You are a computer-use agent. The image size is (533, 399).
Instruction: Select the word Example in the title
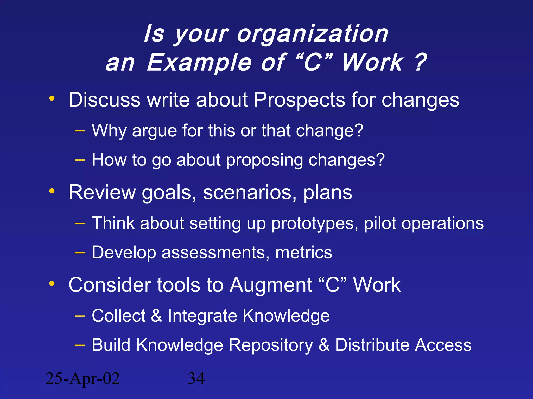click(x=199, y=63)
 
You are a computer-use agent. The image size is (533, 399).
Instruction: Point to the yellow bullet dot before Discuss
click(x=52, y=98)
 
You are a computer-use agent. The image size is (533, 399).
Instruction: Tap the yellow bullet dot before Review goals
click(x=52, y=191)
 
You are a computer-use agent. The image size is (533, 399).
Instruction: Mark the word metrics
click(x=303, y=252)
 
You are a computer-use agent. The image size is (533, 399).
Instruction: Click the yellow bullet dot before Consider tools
click(x=52, y=283)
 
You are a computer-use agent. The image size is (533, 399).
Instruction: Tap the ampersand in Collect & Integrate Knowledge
click(x=156, y=316)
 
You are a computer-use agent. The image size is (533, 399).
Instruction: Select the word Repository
click(x=271, y=345)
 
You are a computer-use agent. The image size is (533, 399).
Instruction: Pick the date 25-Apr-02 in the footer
click(x=83, y=378)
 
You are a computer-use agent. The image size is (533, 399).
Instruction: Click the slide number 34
click(x=196, y=378)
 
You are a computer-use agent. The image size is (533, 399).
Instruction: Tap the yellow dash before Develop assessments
click(x=80, y=252)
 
